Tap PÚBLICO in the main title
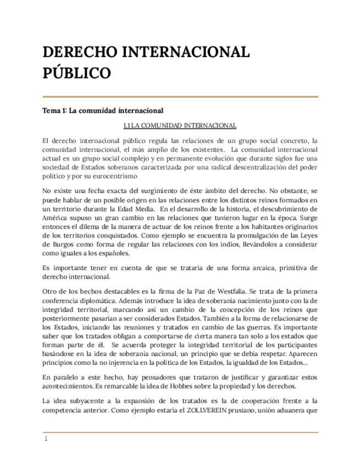tap(77, 73)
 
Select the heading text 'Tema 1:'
tap(56, 110)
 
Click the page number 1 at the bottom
tap(46, 440)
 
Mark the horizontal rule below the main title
tap(180, 97)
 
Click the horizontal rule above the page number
tap(180, 432)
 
